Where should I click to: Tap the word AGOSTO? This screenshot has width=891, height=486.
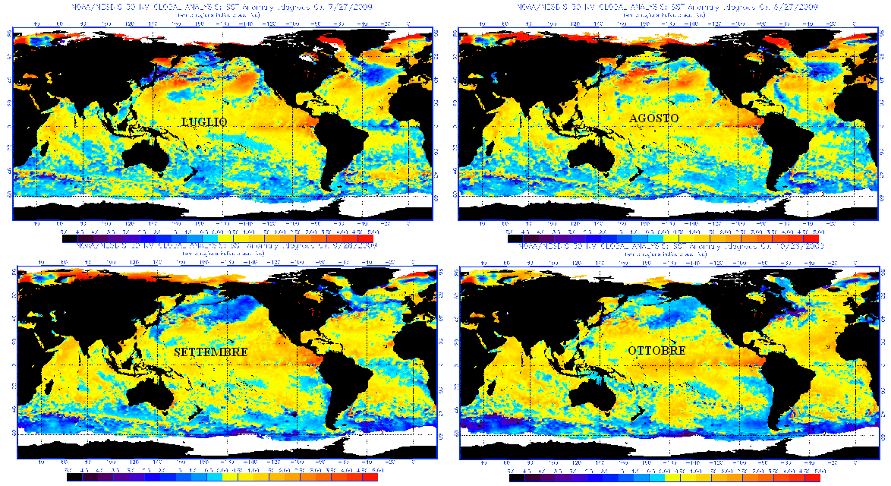pyautogui.click(x=654, y=118)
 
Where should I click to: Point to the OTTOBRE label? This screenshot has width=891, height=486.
pyautogui.click(x=656, y=350)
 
